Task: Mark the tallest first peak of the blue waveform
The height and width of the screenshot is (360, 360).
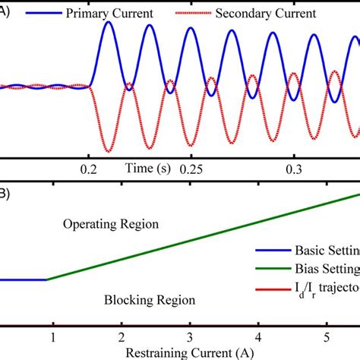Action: coord(109,23)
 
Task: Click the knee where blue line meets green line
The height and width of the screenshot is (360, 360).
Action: coord(47,279)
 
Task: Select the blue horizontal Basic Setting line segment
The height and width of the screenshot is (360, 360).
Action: coord(23,279)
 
